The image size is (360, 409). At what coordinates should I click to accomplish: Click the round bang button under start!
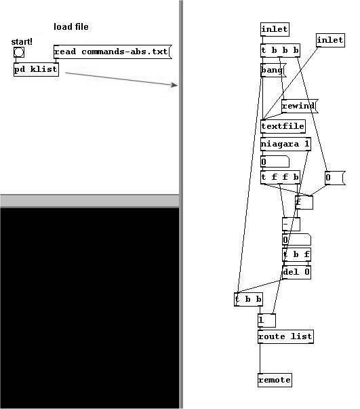[x=19, y=52]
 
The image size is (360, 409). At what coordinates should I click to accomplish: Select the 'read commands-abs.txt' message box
[x=113, y=52]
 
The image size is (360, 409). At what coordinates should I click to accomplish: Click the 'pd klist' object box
[x=36, y=69]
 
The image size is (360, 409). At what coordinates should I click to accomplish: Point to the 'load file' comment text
[x=71, y=26]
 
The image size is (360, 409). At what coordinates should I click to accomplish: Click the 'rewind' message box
[x=300, y=106]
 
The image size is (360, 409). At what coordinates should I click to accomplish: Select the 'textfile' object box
[x=283, y=126]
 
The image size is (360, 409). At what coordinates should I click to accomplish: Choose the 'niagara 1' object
[x=285, y=144]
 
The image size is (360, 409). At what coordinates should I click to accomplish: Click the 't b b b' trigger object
[x=280, y=50]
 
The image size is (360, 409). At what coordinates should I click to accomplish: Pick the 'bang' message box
[x=273, y=70]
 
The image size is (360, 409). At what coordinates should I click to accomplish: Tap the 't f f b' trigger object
[x=280, y=177]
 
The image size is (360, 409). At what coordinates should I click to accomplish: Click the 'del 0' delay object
[x=296, y=272]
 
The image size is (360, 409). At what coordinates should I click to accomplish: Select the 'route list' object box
[x=285, y=336]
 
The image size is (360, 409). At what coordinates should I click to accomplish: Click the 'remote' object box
[x=275, y=380]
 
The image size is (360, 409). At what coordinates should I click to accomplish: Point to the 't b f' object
[x=296, y=254]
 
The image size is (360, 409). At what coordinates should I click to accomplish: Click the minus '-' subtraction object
[x=291, y=224]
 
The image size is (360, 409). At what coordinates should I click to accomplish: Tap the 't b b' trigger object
[x=248, y=299]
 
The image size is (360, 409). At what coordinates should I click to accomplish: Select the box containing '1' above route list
[x=266, y=320]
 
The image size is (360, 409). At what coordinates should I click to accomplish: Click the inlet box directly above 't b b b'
[x=275, y=29]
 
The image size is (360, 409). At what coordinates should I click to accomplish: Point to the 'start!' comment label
[x=22, y=42]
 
